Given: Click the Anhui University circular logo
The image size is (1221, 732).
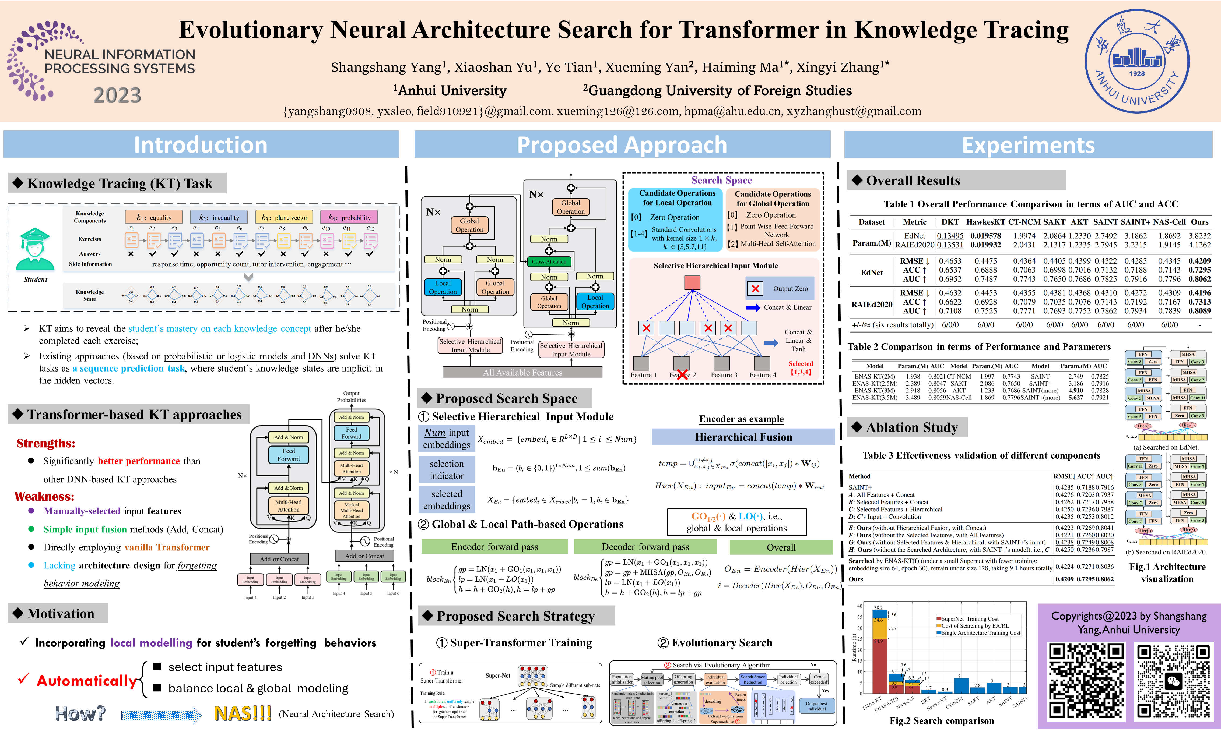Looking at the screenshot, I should [1136, 61].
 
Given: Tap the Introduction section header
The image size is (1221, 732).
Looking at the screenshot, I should [201, 144].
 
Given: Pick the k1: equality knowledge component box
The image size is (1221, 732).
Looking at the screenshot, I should [153, 217].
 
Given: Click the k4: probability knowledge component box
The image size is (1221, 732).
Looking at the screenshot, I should [349, 217].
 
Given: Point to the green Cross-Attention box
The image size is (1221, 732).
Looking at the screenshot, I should [549, 261].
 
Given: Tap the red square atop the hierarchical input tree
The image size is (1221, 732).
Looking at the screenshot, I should [692, 283].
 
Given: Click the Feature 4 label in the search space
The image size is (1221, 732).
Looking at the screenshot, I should [763, 375].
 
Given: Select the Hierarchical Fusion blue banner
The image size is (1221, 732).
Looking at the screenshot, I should [743, 437].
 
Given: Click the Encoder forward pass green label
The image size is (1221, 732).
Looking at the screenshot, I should [494, 547].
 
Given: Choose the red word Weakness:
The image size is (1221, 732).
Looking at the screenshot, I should [44, 496].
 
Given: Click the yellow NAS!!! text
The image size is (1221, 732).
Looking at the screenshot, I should [243, 713].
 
